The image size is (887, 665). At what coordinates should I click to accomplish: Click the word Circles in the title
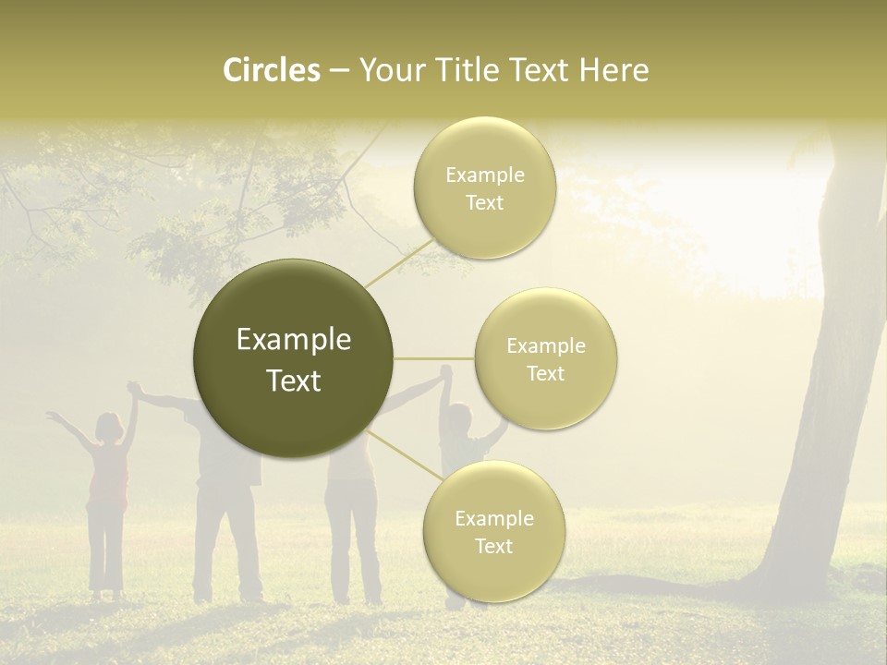(x=271, y=70)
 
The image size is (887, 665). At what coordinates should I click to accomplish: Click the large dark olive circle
(x=294, y=358)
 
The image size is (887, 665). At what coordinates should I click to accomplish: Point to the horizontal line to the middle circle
(x=434, y=358)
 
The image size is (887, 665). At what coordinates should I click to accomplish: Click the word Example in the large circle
(x=294, y=340)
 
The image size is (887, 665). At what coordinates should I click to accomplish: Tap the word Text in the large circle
(x=294, y=381)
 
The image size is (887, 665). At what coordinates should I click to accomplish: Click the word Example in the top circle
(x=484, y=175)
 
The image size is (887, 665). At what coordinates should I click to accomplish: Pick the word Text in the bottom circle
(x=493, y=546)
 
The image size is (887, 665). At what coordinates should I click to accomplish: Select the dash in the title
(x=338, y=71)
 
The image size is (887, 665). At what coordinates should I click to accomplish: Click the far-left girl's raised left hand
(x=54, y=418)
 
